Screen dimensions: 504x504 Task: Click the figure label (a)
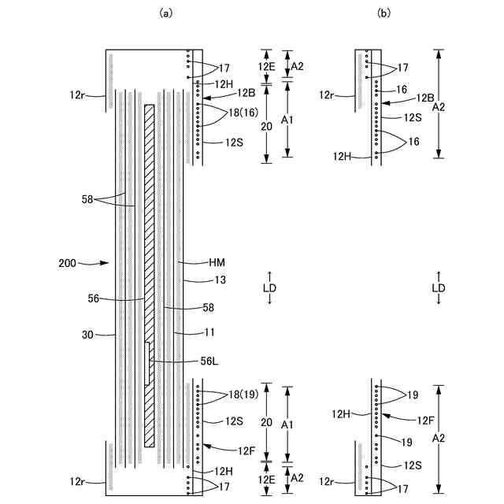point(165,13)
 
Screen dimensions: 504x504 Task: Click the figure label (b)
point(384,13)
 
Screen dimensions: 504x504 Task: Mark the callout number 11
point(214,334)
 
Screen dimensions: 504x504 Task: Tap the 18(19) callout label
point(244,394)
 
